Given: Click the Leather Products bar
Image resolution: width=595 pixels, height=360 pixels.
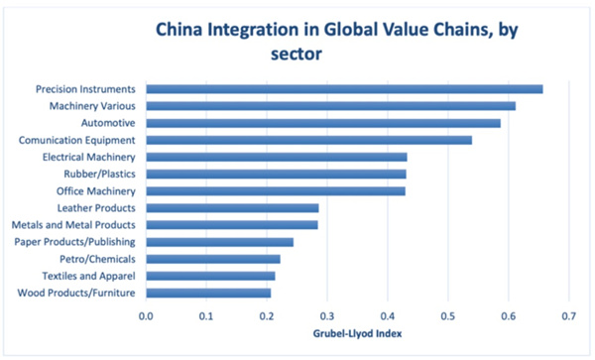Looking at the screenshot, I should (232, 208).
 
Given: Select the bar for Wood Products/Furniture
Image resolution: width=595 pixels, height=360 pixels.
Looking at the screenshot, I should (208, 293).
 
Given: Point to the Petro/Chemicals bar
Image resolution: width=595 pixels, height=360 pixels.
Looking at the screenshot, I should (213, 259).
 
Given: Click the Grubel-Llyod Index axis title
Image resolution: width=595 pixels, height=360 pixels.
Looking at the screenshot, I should (356, 334).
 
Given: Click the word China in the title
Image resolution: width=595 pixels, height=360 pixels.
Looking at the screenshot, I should (181, 31).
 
